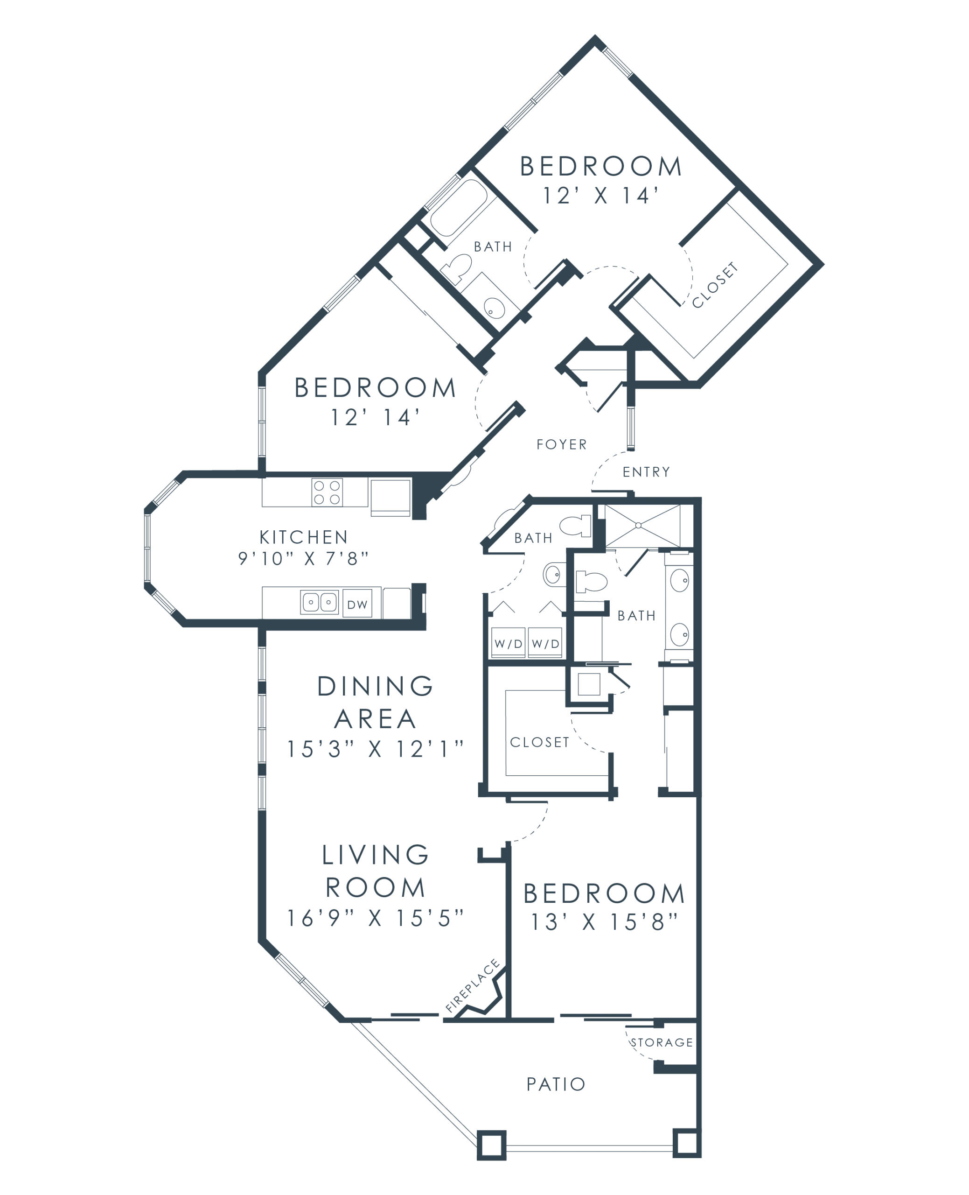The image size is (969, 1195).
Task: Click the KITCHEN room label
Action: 302,538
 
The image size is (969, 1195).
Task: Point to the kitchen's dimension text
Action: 302,559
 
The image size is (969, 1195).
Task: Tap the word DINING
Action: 375,687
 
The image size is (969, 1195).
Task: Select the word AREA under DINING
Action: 375,717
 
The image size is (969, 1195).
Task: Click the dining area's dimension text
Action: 375,749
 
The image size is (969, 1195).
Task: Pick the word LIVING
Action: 375,855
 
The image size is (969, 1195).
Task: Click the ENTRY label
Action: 647,473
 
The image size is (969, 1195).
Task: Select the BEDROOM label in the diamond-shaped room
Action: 600,166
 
